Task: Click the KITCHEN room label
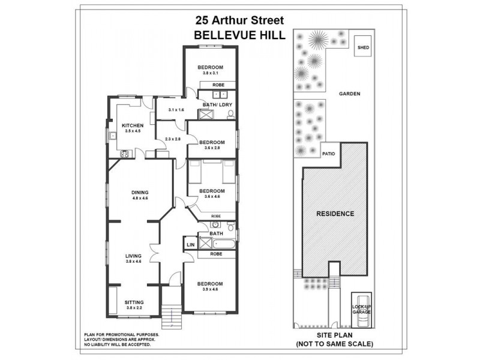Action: tap(133, 125)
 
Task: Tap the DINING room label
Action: tap(140, 192)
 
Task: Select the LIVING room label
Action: tap(134, 256)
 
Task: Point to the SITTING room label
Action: tap(134, 302)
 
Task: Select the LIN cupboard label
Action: tap(190, 245)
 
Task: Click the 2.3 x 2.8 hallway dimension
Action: tap(172, 139)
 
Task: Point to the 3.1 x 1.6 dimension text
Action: tap(176, 110)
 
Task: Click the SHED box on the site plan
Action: tap(363, 47)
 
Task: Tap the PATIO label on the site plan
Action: tap(329, 153)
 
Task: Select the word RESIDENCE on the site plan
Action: tap(335, 214)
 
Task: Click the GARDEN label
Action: tap(349, 94)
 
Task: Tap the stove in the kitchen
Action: tap(125, 154)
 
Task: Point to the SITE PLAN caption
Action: tap(334, 335)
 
